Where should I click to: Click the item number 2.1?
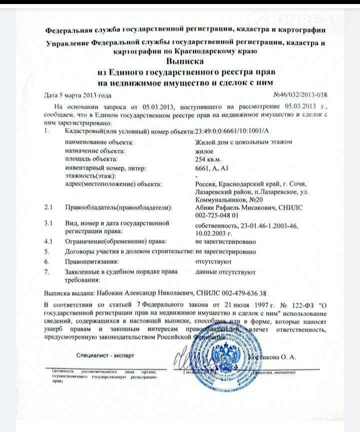[x=48, y=206]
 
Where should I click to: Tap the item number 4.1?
[x=48, y=241]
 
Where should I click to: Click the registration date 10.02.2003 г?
[x=213, y=233]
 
